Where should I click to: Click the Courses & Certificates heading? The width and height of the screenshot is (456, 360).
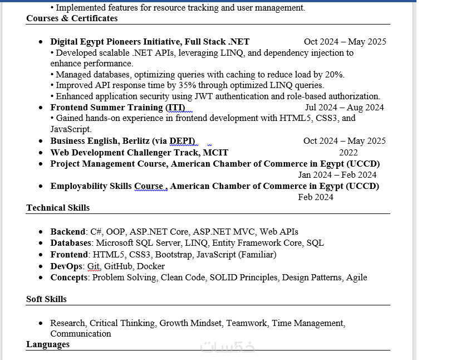click(x=72, y=18)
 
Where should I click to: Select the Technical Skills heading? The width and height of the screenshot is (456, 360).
click(x=58, y=208)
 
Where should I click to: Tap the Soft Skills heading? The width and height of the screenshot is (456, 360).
click(x=46, y=299)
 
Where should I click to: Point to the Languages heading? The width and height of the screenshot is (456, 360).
click(x=48, y=344)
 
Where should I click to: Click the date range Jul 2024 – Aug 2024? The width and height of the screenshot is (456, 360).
click(x=344, y=108)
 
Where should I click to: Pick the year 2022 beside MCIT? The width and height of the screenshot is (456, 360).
click(x=349, y=153)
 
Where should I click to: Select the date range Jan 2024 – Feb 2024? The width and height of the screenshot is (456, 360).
click(x=337, y=175)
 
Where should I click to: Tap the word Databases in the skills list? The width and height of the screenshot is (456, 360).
click(x=71, y=243)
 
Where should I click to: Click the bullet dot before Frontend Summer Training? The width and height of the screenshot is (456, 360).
click(x=41, y=108)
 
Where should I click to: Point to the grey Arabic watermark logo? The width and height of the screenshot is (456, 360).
click(x=228, y=347)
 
